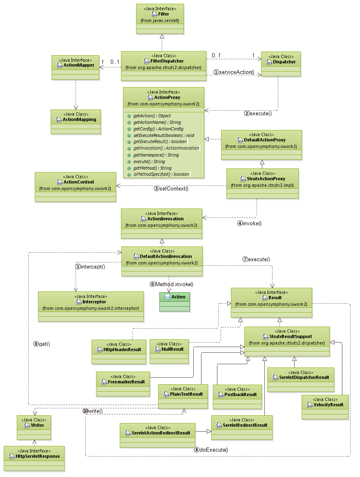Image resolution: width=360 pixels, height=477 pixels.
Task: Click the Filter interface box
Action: [160, 18]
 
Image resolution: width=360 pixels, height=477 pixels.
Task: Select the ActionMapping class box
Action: [76, 121]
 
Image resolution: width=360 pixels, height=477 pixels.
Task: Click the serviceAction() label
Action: [234, 72]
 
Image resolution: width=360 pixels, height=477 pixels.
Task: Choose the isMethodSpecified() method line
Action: [161, 174]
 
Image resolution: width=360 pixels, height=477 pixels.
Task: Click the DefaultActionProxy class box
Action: [261, 144]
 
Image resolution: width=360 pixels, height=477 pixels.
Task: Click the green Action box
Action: [174, 301]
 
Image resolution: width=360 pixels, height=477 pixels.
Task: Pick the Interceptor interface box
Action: [91, 306]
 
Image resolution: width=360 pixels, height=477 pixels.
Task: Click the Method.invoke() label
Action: [171, 284]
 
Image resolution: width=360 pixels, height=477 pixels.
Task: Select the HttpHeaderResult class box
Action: [119, 351]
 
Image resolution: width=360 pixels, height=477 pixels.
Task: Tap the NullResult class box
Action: [169, 351]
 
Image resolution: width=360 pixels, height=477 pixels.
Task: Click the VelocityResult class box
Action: [325, 406]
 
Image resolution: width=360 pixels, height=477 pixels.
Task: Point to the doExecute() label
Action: [211, 450]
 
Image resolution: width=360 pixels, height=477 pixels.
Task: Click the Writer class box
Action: [34, 427]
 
